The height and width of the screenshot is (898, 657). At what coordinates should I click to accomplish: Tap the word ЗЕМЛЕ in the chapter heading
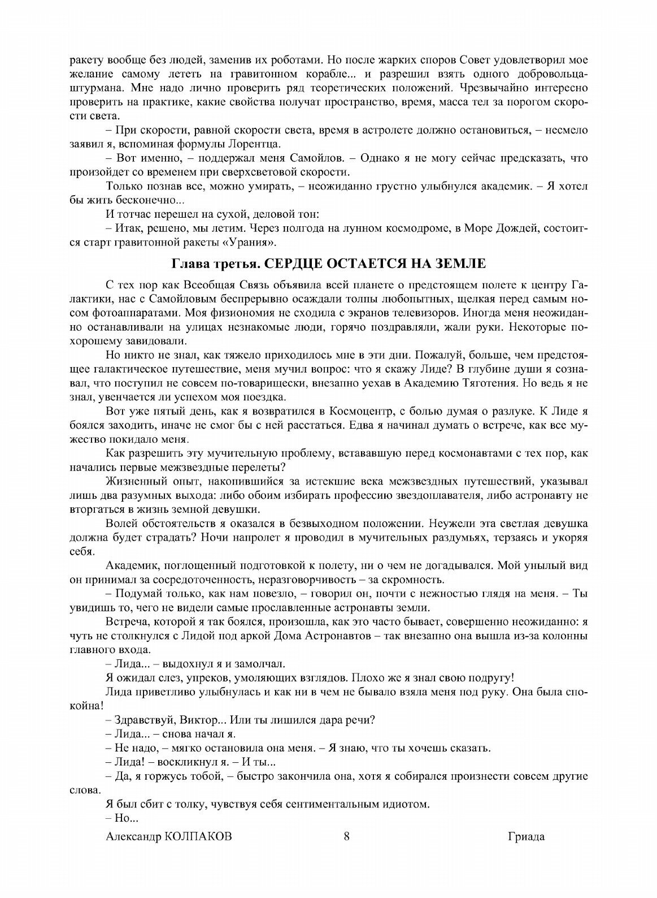pos(458,264)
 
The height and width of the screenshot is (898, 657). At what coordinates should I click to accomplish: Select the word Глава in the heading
pos(188,264)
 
